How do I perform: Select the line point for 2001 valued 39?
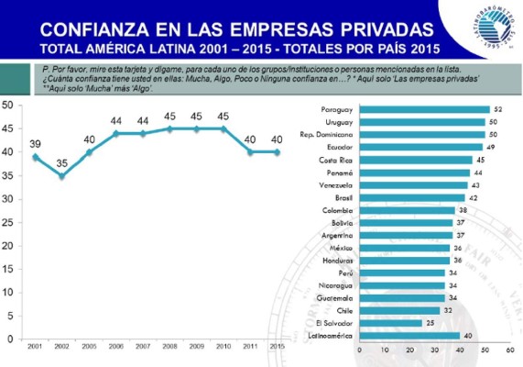[x=35, y=156]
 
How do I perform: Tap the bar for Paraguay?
[x=424, y=109]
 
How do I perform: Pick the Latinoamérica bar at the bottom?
[x=409, y=335]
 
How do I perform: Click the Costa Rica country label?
[x=338, y=159]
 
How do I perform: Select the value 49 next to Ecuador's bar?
[x=490, y=147]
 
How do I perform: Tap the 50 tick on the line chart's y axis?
[x=7, y=105]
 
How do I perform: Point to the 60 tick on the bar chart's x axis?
[x=509, y=350]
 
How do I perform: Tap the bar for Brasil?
[x=412, y=197]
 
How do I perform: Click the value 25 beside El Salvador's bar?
[x=430, y=322]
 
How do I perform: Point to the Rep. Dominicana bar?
[x=422, y=134]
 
